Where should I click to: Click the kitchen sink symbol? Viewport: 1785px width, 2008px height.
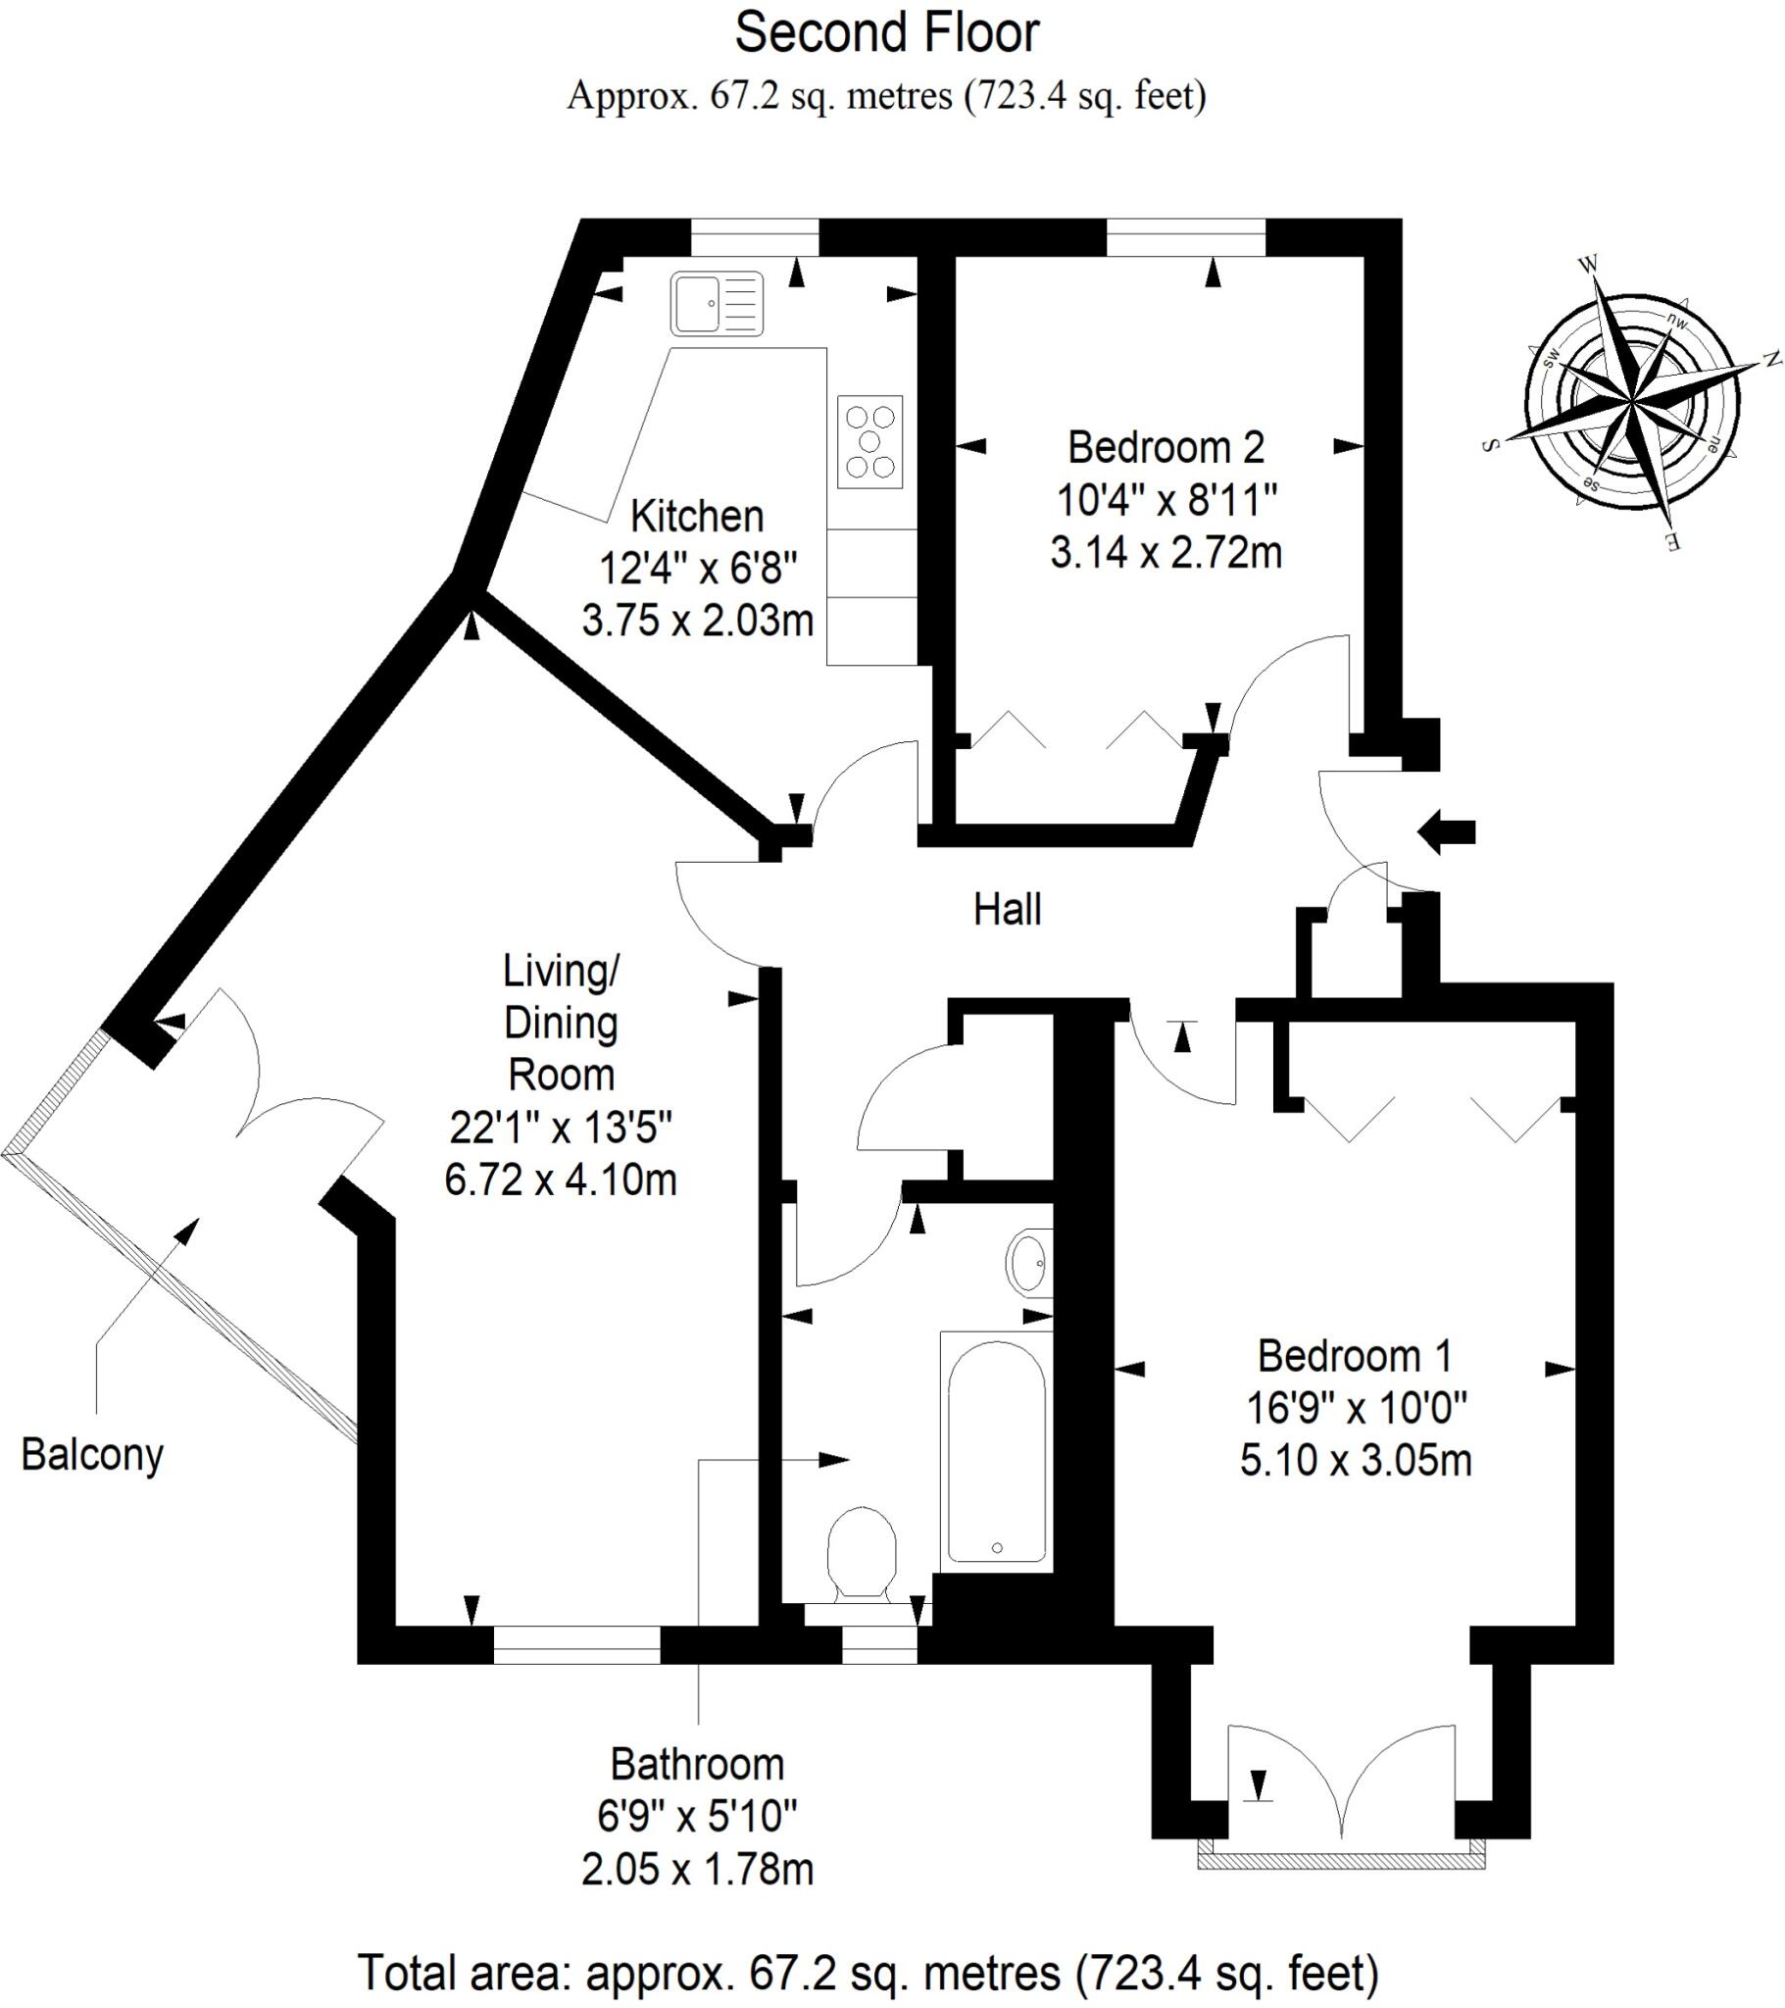(x=718, y=304)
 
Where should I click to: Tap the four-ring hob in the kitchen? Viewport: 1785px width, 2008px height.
(x=869, y=441)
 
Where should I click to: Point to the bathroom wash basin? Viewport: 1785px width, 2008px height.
(x=1028, y=1264)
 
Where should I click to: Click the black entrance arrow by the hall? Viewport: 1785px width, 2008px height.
(x=1446, y=832)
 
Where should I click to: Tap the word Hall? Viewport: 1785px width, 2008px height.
(x=1007, y=910)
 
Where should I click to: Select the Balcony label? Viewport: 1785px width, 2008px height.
(x=92, y=1455)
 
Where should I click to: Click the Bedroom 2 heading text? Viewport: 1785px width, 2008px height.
(x=1166, y=448)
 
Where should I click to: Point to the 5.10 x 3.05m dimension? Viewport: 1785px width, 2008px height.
(x=1356, y=1461)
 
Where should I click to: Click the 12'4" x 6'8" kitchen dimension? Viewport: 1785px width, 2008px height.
(x=698, y=568)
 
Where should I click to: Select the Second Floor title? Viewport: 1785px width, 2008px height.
(x=886, y=33)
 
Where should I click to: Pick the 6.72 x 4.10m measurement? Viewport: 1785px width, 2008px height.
(x=560, y=1179)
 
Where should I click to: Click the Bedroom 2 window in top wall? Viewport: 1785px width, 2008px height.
(x=1186, y=236)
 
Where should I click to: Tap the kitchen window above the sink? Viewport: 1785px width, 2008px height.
(x=755, y=236)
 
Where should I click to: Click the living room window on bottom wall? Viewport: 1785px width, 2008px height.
(x=576, y=1644)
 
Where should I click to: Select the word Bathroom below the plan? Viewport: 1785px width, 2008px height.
(x=698, y=1765)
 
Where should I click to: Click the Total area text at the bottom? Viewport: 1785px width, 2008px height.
(x=868, y=1973)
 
